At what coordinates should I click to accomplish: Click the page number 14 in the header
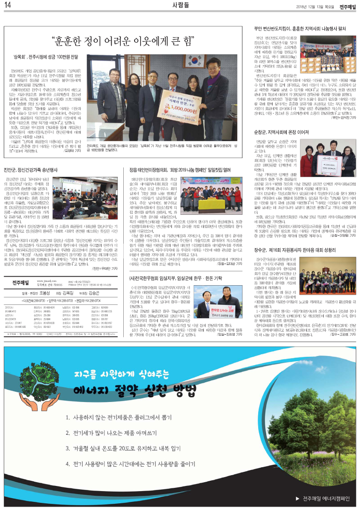coord(8,5)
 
